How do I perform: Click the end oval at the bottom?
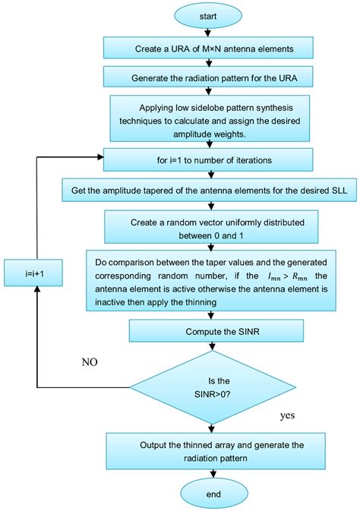213,494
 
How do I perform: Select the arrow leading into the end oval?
213,475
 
